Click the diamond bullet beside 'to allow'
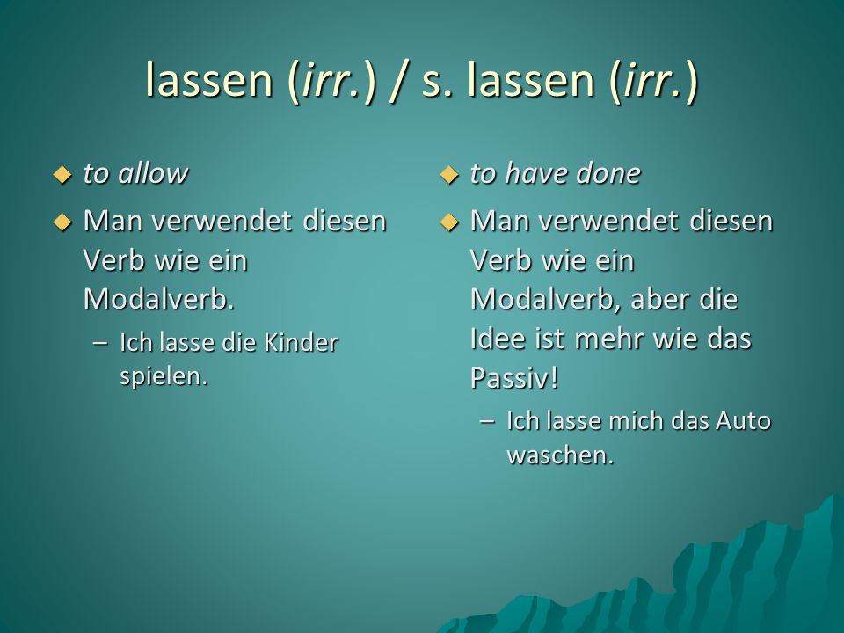(62, 175)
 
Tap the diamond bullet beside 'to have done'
(449, 175)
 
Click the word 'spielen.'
(164, 375)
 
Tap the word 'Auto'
(744, 421)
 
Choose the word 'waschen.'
(560, 455)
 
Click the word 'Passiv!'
(514, 377)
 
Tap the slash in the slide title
(398, 82)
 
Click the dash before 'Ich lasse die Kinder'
(100, 343)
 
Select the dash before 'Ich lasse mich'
(488, 421)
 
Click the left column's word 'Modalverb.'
(159, 299)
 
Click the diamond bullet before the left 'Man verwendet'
(62, 222)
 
